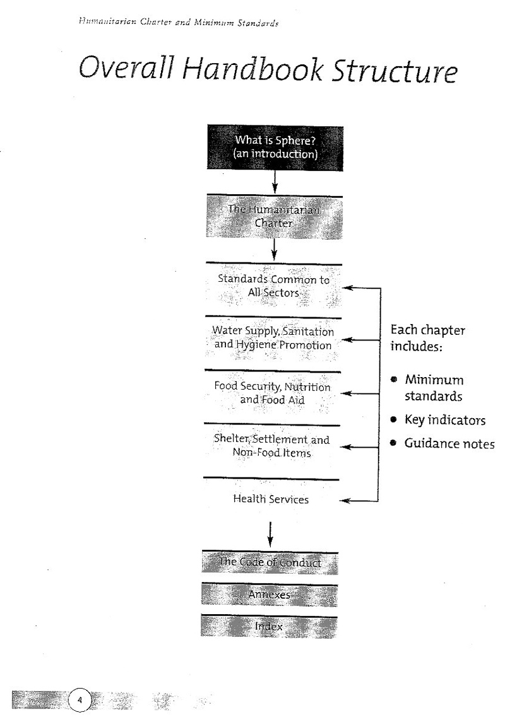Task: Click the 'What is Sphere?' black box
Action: [x=275, y=147]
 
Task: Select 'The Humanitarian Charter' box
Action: [x=275, y=216]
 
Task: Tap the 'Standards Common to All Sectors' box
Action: [x=273, y=286]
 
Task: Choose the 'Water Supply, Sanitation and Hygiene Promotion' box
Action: [x=273, y=339]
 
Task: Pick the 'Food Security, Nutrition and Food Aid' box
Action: [x=272, y=393]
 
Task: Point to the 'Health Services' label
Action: [x=271, y=499]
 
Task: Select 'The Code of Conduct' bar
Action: [x=270, y=562]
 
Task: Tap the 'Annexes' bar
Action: [x=270, y=595]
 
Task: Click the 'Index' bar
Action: [x=270, y=627]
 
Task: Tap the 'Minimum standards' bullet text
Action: [x=434, y=388]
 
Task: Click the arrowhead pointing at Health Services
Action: [x=345, y=501]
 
